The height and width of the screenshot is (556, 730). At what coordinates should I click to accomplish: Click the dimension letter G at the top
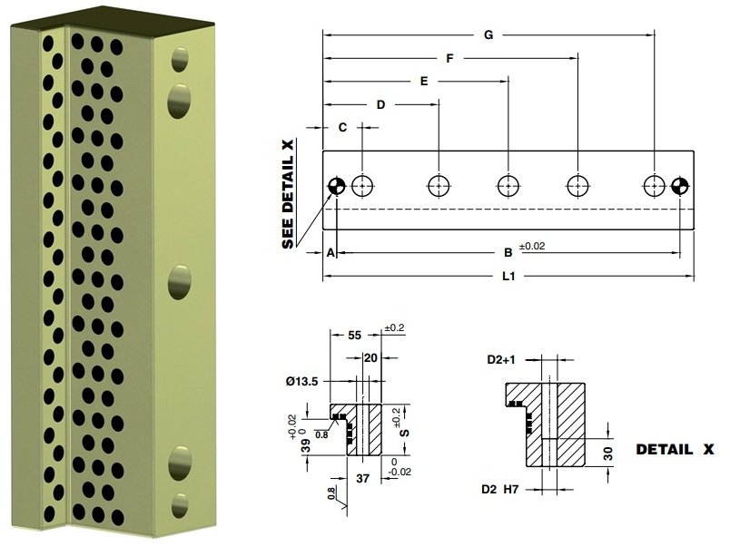(488, 35)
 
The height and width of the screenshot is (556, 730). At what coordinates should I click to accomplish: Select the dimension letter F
(449, 59)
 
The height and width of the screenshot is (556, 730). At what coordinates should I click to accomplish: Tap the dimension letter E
(423, 82)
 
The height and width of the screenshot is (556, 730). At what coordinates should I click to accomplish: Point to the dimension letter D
(380, 105)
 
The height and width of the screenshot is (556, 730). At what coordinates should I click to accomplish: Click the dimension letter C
(342, 128)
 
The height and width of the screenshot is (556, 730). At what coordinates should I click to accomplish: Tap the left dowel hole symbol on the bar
(336, 186)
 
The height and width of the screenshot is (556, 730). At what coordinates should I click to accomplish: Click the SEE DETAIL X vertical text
(290, 194)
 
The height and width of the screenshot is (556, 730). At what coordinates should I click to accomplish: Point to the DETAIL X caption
(675, 450)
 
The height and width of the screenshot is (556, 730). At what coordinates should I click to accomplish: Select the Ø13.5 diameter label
(301, 382)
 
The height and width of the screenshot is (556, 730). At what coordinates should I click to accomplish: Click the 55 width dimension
(356, 335)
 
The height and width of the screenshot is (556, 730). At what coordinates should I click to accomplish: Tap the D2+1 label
(501, 360)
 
